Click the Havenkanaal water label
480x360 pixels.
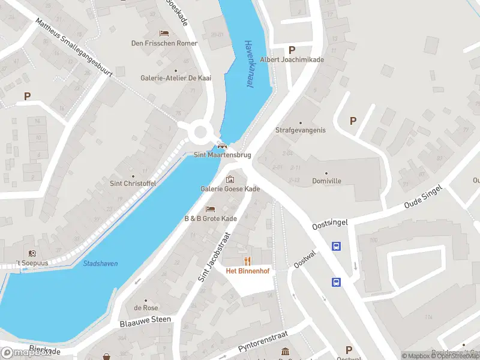click(248, 65)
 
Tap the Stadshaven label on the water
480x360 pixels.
click(100, 263)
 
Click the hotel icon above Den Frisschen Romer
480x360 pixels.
click(163, 32)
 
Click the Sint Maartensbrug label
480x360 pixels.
click(222, 155)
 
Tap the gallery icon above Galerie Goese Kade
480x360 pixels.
click(230, 179)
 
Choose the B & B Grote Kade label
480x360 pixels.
click(210, 219)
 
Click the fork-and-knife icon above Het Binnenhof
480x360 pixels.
click(247, 260)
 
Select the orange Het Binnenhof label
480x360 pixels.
click(247, 271)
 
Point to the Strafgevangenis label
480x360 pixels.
click(300, 130)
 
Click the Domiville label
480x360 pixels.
click(326, 181)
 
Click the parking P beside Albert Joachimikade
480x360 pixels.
click(292, 50)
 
